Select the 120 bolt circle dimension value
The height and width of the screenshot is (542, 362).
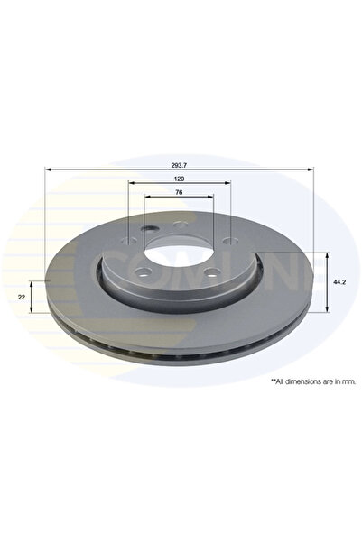[x=179, y=180]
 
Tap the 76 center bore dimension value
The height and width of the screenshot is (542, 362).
[x=179, y=194]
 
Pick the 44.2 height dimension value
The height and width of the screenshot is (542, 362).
[x=339, y=281]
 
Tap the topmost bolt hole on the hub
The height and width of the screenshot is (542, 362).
[x=180, y=225]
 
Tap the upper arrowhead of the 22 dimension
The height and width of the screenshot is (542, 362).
[x=33, y=282]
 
